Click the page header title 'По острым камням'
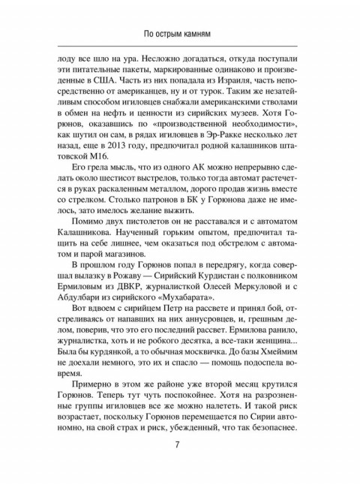coord(180,34)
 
